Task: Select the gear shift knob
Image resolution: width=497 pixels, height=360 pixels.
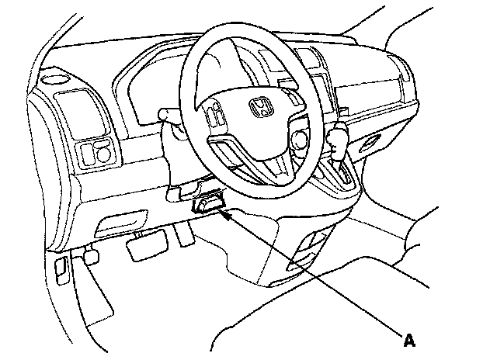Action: point(337,140)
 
